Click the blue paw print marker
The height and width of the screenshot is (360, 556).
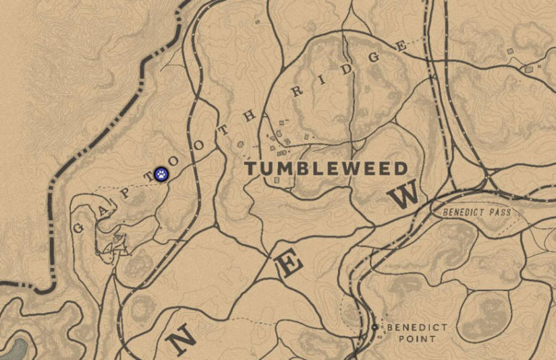(x=161, y=174)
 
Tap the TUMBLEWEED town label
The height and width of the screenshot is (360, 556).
(x=326, y=168)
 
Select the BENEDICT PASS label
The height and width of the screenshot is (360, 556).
(x=476, y=213)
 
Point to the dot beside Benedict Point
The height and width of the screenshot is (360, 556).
(x=374, y=327)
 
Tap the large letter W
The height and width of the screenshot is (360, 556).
(x=407, y=194)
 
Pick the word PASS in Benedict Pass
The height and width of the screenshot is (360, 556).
(x=498, y=213)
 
